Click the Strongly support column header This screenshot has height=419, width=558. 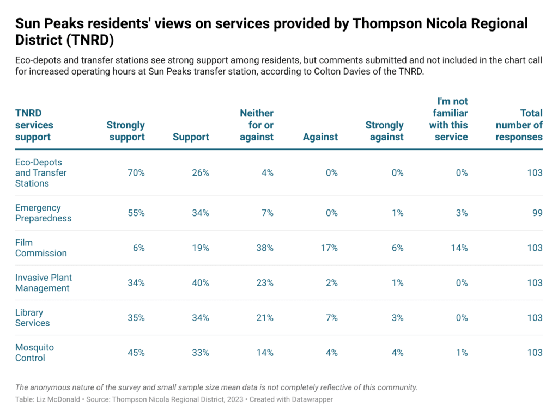coord(126,131)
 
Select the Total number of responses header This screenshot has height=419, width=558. coord(519,125)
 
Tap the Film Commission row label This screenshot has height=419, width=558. coord(41,248)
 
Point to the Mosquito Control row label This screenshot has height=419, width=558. coord(34,353)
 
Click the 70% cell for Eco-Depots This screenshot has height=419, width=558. coord(136,173)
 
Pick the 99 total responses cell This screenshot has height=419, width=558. coord(537,213)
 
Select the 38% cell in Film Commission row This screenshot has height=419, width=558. coord(265,248)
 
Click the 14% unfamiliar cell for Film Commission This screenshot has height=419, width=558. coord(459,248)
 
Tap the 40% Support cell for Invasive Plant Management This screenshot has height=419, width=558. coord(200,283)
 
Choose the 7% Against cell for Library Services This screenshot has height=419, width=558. coord(331,318)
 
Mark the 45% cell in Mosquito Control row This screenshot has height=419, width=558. coord(136,353)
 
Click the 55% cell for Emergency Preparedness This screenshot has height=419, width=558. coord(136,213)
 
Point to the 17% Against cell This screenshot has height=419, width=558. coord(329,248)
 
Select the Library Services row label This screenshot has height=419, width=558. coord(33,318)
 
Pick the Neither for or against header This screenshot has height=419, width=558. coord(257,125)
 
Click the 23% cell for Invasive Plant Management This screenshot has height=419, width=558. coord(265,283)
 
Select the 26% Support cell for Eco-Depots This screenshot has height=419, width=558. coord(200,173)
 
